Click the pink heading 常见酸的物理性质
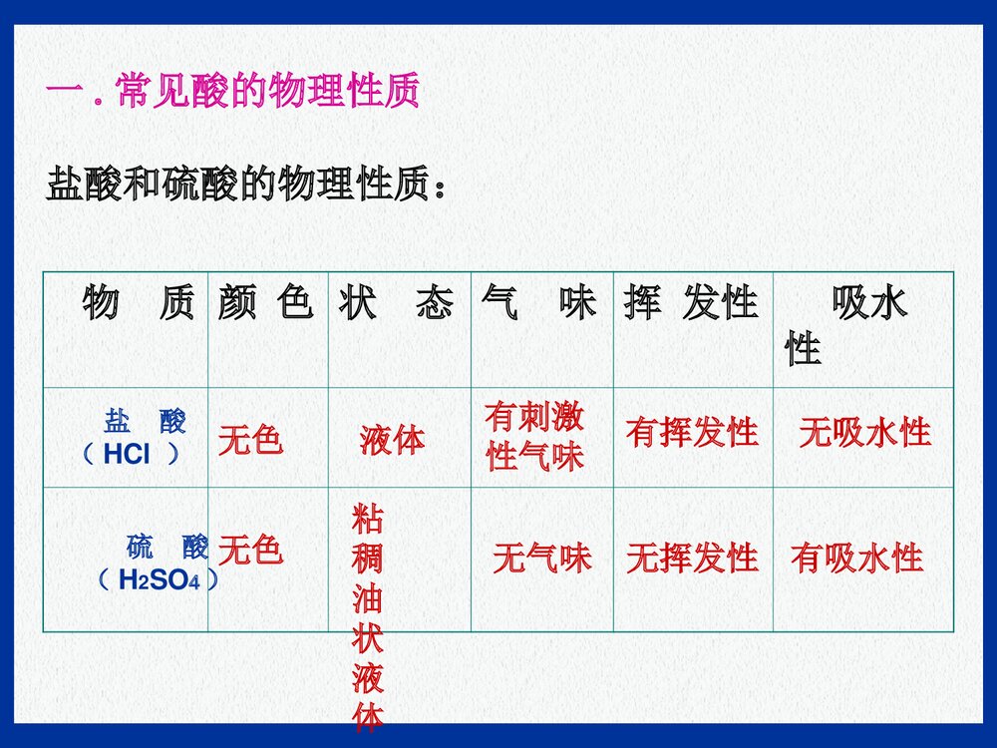point(233,92)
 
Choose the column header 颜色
point(265,302)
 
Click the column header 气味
point(537,302)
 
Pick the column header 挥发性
point(691,302)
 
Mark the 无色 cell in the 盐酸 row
point(250,439)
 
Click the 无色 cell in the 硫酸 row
point(250,549)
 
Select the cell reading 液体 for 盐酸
point(392,440)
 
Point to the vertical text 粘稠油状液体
point(367,616)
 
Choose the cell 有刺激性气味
point(535,437)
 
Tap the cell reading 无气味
point(541,559)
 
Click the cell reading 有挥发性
point(692,433)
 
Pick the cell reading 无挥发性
point(692,559)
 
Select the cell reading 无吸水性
point(864,433)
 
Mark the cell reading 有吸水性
point(856,559)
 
